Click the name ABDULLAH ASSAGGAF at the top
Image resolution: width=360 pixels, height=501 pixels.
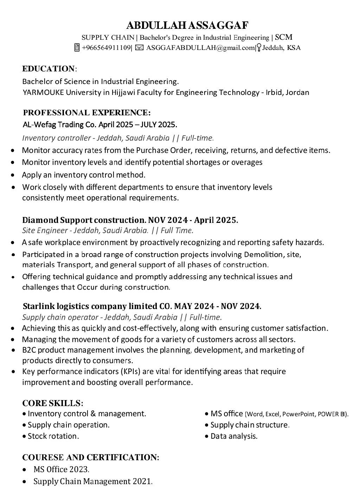point(187,25)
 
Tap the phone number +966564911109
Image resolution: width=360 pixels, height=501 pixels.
point(106,48)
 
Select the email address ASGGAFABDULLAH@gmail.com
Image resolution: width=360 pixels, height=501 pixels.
point(200,48)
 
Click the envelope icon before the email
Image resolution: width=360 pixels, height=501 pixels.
point(139,48)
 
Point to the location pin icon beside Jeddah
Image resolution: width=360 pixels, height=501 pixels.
point(259,48)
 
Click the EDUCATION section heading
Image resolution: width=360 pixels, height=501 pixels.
point(49,68)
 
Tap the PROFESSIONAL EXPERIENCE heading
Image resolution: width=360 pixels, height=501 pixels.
point(86,113)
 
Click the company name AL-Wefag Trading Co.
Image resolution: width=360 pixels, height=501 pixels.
point(59,124)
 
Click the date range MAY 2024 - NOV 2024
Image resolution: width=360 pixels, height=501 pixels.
point(218,306)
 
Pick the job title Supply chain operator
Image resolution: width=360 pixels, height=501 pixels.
point(60,317)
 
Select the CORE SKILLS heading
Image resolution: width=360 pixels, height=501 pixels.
point(53,403)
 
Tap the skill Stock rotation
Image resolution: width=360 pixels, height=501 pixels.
point(53,436)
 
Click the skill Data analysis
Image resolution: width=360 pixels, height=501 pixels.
point(234,436)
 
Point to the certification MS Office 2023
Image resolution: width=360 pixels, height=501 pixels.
point(61,469)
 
